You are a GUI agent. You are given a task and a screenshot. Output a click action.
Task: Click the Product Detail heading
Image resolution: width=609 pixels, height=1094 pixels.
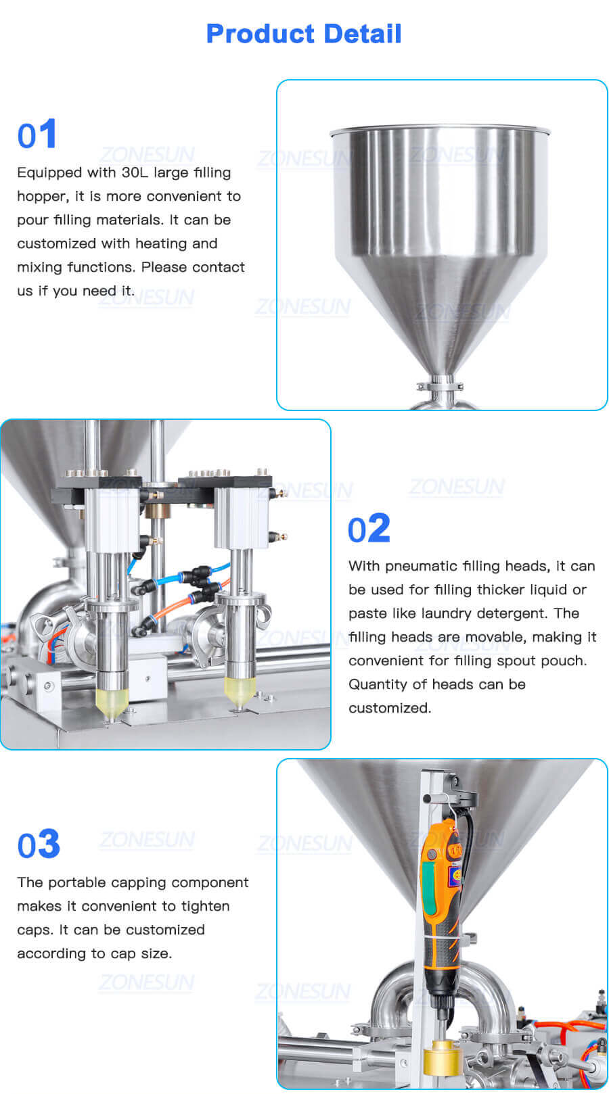(304, 33)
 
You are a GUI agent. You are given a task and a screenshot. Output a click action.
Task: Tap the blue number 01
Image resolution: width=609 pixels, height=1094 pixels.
(37, 135)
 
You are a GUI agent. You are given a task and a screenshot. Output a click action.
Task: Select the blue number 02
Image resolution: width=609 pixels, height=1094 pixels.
(369, 529)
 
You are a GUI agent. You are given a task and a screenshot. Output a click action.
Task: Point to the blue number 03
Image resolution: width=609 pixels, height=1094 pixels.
(39, 845)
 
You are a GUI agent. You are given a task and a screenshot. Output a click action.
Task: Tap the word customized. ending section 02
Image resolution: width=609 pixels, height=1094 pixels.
(390, 708)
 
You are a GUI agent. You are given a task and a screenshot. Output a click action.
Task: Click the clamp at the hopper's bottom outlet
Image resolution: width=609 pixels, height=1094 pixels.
(441, 386)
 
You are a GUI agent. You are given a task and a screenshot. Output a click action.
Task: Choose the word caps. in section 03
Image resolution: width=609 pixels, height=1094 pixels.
(35, 930)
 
